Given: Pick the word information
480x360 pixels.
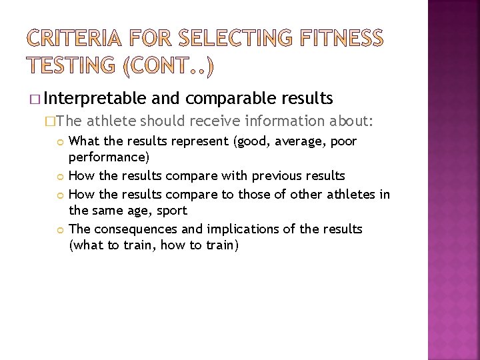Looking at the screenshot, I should pyautogui.click(x=287, y=121).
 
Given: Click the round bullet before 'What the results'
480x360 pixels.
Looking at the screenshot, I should pyautogui.click(x=61, y=142).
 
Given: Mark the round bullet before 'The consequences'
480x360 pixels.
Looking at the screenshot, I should pyautogui.click(x=61, y=229).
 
